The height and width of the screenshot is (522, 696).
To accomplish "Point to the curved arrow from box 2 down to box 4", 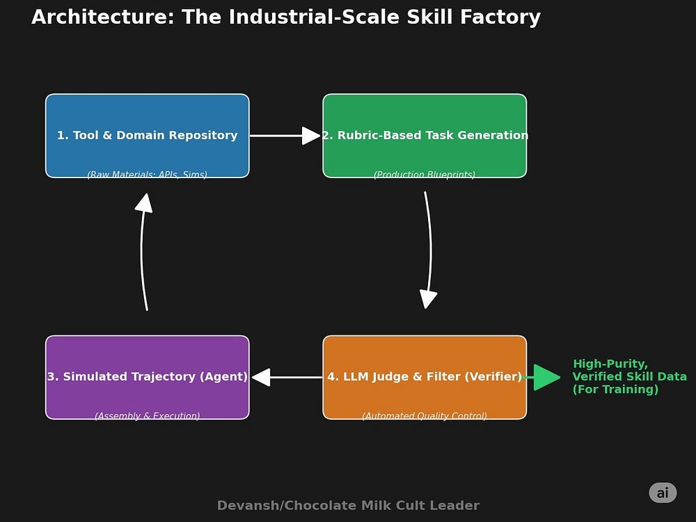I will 429,251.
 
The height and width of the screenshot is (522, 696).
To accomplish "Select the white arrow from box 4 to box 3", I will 286,377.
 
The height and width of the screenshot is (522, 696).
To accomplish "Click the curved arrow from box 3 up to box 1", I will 143,251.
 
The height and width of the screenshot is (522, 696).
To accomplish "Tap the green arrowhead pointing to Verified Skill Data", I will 546,377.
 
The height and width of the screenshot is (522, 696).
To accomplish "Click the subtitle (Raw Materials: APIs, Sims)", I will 147,175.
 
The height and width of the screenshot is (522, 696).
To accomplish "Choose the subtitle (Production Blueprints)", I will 425,175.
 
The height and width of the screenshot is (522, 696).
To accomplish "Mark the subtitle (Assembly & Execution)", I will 147,416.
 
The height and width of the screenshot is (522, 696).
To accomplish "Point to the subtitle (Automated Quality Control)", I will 425,416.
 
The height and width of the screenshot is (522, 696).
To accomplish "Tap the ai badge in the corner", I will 663,493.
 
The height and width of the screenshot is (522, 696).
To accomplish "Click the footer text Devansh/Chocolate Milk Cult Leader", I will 348,506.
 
